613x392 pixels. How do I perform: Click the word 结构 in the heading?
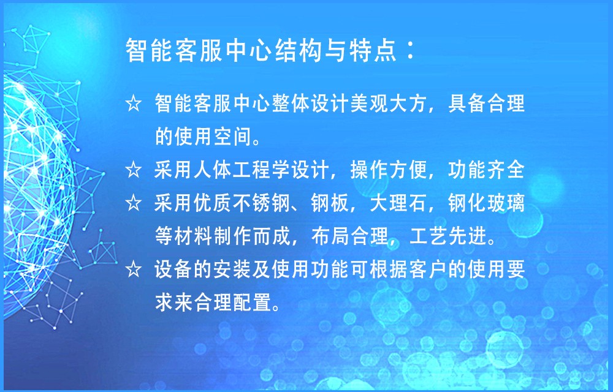click(300, 51)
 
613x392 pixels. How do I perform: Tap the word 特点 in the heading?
click(373, 51)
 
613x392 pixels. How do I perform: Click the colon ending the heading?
click(411, 51)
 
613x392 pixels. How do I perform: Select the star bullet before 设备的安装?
click(134, 269)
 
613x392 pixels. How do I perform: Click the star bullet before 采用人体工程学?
click(134, 170)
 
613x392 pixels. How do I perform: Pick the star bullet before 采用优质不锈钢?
click(134, 203)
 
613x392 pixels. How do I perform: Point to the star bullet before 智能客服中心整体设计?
click(134, 104)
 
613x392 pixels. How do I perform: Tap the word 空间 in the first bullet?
click(232, 137)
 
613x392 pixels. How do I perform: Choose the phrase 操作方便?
click(389, 170)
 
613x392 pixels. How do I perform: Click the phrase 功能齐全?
click(486, 170)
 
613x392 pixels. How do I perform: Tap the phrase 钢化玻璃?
click(486, 203)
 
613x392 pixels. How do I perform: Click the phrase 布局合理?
click(349, 236)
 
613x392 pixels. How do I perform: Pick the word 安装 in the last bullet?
click(232, 269)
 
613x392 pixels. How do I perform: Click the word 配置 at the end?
click(252, 303)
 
